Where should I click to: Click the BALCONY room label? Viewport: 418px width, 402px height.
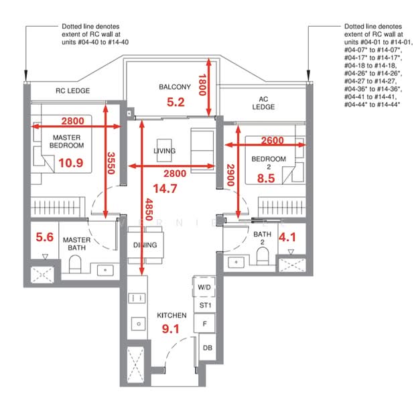175,87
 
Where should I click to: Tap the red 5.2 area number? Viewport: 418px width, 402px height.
176,102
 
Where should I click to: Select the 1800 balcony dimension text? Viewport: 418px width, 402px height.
202,85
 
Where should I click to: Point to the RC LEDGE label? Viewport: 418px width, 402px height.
72,90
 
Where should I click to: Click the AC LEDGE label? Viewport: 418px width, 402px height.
263,103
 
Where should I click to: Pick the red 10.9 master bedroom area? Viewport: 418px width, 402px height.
70,163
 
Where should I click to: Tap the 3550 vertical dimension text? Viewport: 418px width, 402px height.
111,163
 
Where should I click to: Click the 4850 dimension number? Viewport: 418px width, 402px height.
149,210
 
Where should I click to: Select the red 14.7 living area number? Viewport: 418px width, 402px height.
165,189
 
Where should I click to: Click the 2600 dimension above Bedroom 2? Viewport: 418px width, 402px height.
272,140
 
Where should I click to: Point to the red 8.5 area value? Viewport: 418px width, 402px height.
266,178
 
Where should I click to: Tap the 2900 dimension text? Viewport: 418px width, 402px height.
230,175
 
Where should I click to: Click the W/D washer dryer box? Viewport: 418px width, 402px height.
204,287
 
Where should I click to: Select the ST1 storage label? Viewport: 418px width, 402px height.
205,306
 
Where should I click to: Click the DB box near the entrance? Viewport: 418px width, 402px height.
208,348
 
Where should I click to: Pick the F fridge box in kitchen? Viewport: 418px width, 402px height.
204,324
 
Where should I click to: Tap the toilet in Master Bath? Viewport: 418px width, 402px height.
75,264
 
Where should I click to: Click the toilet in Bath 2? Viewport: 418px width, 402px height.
263,256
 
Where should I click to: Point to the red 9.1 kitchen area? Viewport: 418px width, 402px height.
171,329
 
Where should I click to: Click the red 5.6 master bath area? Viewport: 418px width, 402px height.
44,237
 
